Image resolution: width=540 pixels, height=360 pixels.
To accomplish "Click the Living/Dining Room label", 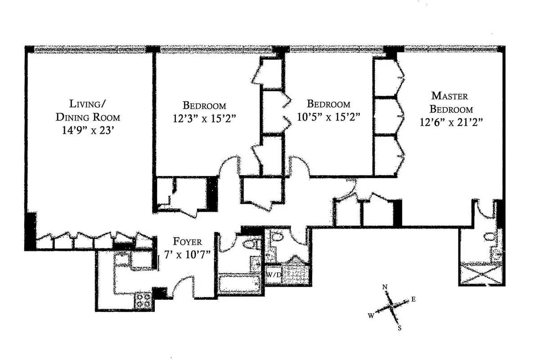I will pyautogui.click(x=88, y=111).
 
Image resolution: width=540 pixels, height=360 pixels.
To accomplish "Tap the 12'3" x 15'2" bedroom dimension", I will pyautogui.click(x=204, y=119).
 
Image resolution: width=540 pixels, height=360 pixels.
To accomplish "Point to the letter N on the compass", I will pyautogui.click(x=385, y=287).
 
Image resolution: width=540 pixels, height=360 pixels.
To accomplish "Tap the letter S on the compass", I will pyautogui.click(x=399, y=328).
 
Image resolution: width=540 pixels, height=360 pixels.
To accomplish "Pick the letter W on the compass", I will pyautogui.click(x=371, y=316).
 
